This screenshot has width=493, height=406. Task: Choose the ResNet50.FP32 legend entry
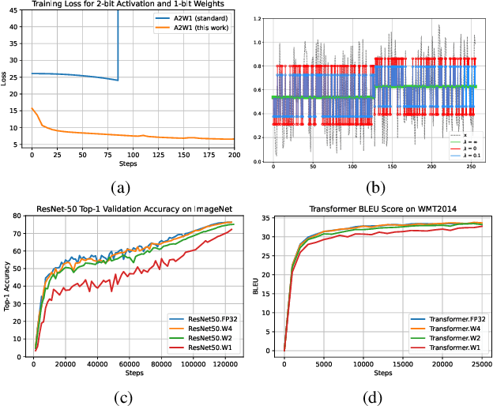(203, 320)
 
